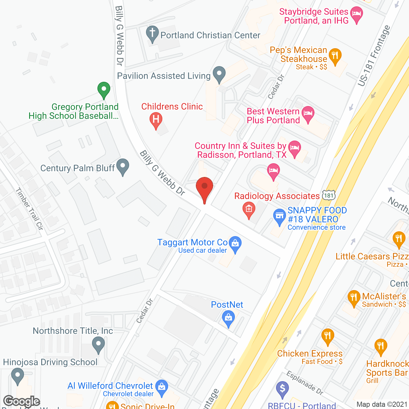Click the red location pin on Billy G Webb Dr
point(204,187)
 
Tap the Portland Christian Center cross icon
point(152,33)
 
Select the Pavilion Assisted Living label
point(164,76)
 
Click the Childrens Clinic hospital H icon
point(156,120)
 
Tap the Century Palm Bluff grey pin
point(123,166)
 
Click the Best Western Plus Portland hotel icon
point(308,113)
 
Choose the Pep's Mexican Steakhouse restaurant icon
point(335,56)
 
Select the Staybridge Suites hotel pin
point(356,14)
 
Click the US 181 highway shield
point(328,195)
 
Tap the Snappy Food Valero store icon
point(279,216)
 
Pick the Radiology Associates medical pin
point(249,210)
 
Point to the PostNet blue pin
point(228,318)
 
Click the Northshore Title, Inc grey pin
point(98,345)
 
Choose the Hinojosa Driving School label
point(50,362)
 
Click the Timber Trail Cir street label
point(29,209)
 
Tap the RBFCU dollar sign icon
point(282,389)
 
